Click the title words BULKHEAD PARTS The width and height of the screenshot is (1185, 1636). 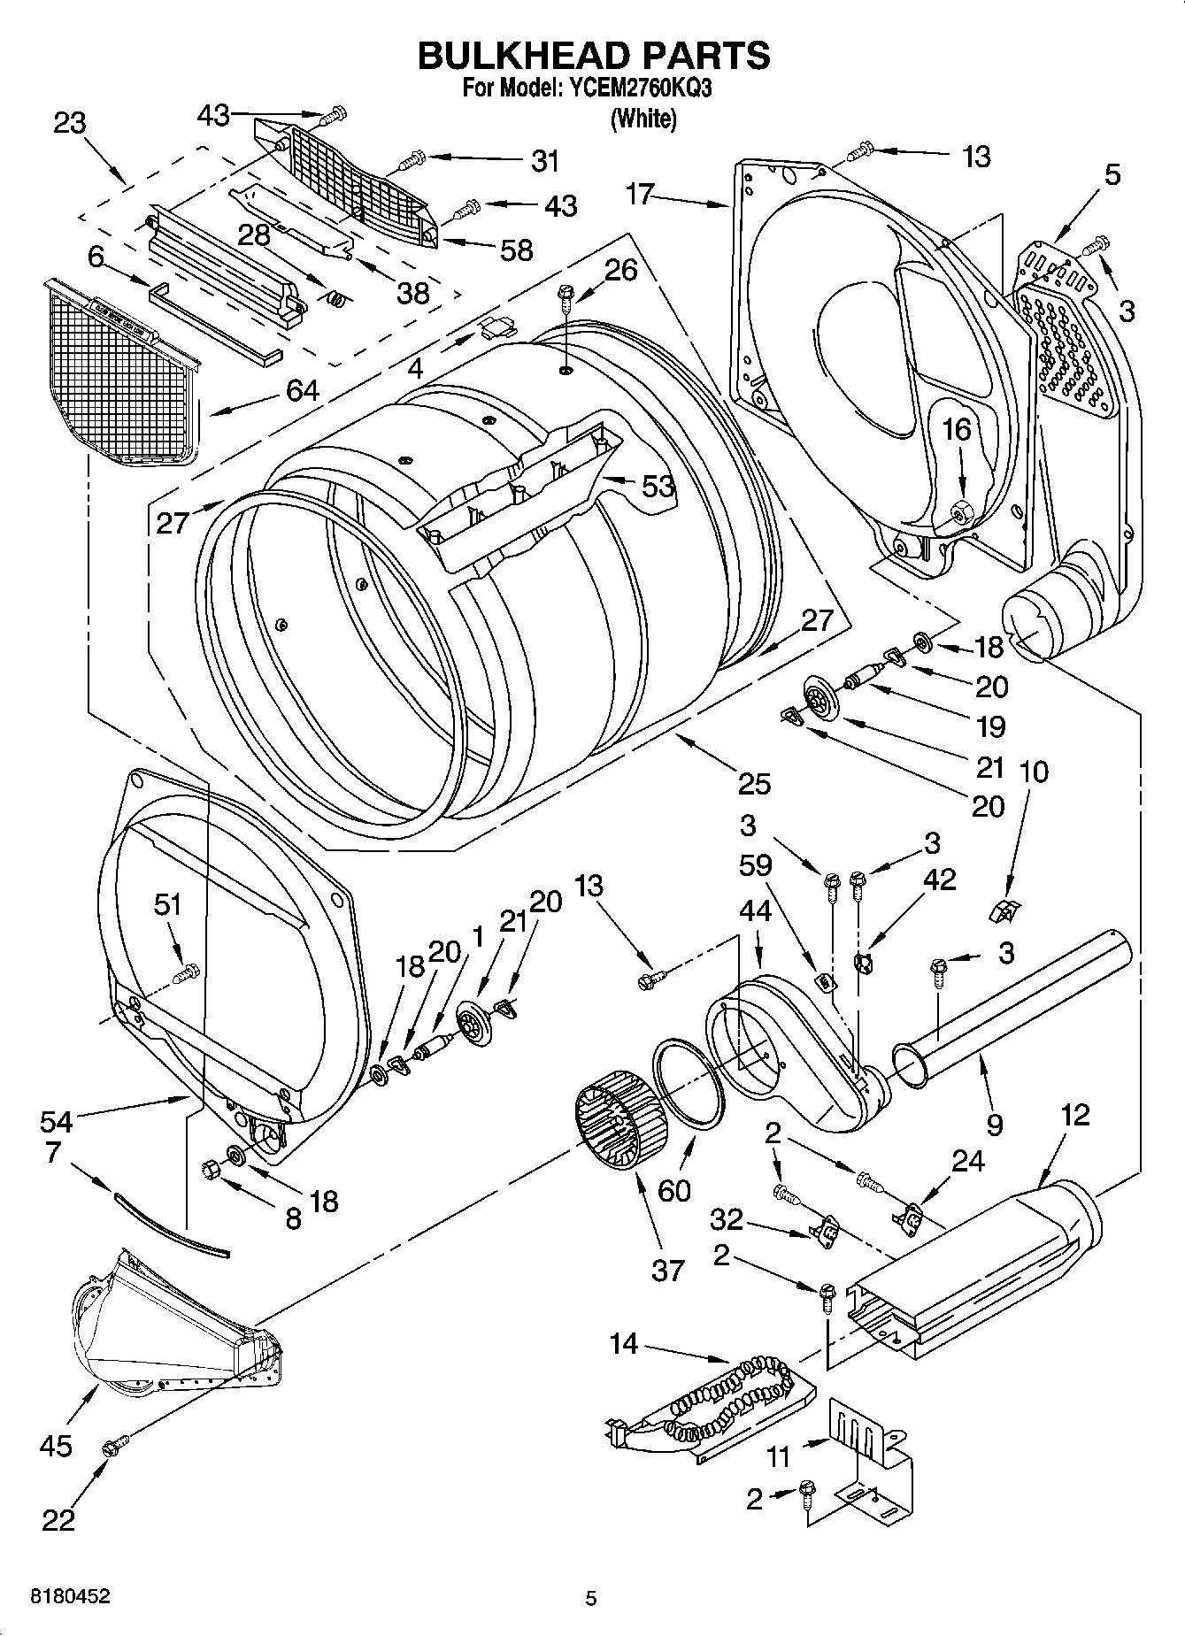pyautogui.click(x=593, y=55)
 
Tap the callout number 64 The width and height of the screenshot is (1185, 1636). pyautogui.click(x=302, y=389)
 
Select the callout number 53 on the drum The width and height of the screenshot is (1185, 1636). pyautogui.click(x=658, y=485)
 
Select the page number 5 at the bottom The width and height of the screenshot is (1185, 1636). pyautogui.click(x=591, y=1598)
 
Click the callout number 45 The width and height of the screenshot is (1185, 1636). pyautogui.click(x=55, y=1446)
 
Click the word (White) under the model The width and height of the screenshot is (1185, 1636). pyautogui.click(x=643, y=119)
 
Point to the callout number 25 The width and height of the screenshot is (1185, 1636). pyautogui.click(x=754, y=783)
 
